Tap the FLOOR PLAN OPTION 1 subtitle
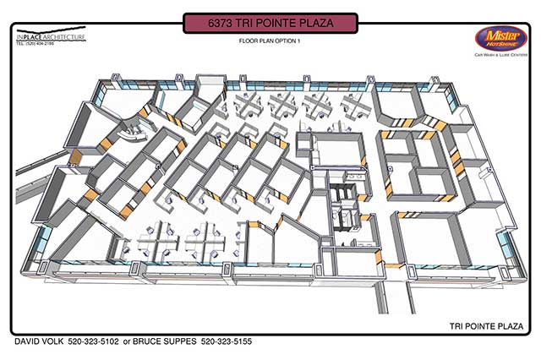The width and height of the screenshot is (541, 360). tap(270, 41)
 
